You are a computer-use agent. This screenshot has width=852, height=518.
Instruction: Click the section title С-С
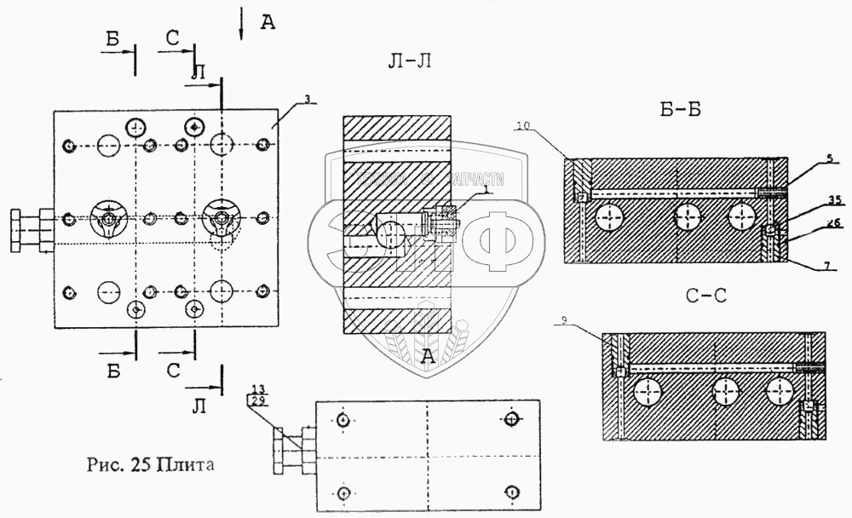point(706,297)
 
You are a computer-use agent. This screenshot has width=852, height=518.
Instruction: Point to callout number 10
point(523,125)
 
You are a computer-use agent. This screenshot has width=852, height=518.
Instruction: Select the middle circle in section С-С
point(727,393)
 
